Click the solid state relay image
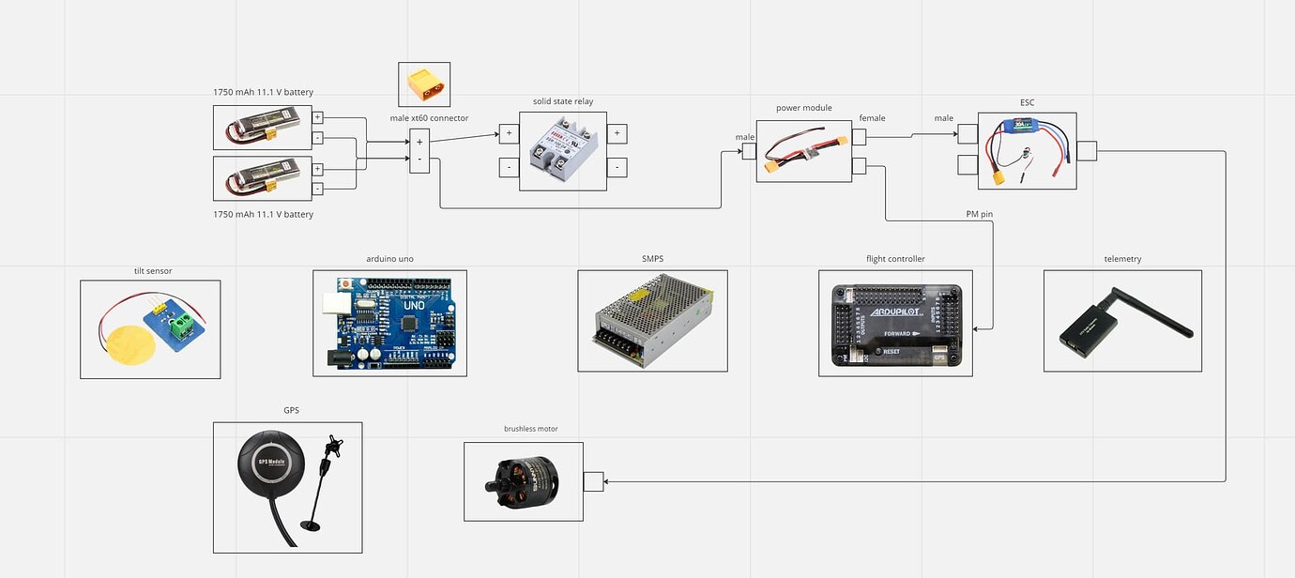(563, 151)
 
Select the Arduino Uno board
(389, 323)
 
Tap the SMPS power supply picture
(652, 321)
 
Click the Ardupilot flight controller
(895, 324)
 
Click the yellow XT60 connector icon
(424, 85)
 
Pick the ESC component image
(1027, 151)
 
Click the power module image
(803, 150)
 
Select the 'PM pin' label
(979, 215)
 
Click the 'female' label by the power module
(872, 118)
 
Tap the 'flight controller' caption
(894, 259)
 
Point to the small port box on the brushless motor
(593, 481)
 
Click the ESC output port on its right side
(1087, 151)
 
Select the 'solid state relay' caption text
(563, 101)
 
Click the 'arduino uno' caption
(389, 259)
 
